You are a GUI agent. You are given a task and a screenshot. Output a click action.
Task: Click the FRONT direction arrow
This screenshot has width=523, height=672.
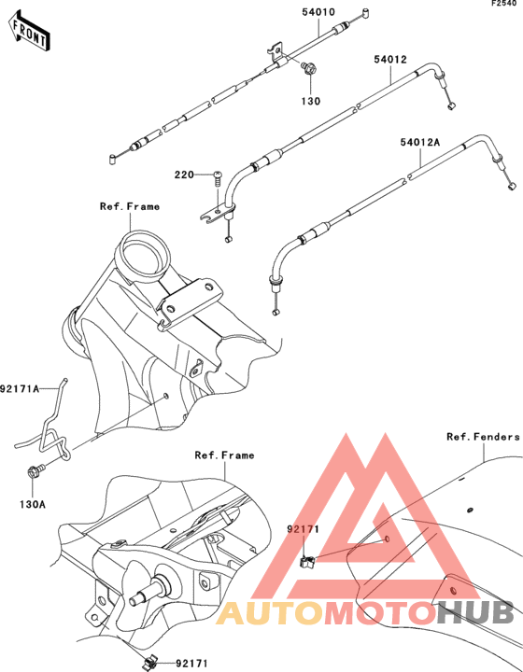coord(29,33)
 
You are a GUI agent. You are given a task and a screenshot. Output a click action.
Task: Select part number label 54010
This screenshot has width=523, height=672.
coord(318,12)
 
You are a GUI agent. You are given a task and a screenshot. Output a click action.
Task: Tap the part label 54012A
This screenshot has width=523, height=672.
coord(420,142)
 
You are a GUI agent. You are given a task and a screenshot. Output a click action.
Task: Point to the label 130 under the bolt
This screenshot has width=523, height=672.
coord(310,101)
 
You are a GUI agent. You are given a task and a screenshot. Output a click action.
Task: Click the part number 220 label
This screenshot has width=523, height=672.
coord(184,175)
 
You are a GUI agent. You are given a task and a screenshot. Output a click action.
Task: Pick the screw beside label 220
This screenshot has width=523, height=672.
coord(219,179)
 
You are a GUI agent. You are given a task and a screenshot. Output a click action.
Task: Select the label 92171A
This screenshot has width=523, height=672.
coord(20,388)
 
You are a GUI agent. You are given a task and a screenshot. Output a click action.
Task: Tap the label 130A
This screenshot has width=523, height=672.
coord(33,504)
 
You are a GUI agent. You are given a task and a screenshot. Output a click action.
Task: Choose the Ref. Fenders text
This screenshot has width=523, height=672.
coord(483,437)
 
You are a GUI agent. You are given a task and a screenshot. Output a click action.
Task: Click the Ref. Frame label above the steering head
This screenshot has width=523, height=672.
coord(130,206)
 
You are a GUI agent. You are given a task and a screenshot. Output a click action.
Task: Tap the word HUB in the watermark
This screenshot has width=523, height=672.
coord(475,612)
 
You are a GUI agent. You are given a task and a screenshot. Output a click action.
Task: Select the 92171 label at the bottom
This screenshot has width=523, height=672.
coord(192,664)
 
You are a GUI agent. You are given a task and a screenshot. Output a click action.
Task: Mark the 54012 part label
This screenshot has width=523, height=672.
coord(390,59)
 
